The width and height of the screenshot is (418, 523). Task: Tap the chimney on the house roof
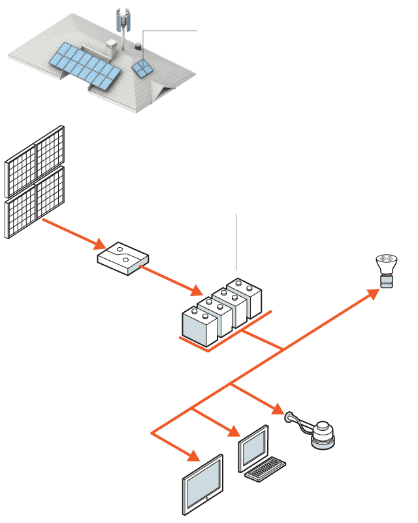point(111,47)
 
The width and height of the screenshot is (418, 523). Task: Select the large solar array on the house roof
point(84,65)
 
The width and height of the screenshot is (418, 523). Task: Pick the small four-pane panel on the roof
point(142,68)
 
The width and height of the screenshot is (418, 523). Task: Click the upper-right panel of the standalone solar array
point(50,148)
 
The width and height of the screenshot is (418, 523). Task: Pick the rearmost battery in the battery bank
point(245,297)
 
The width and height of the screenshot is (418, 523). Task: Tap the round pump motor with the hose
point(323,435)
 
